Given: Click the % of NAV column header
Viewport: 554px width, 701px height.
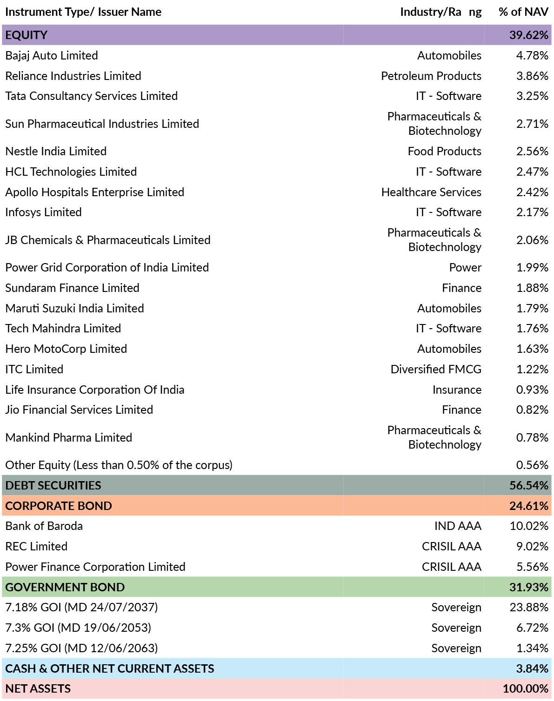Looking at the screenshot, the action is tap(523, 12).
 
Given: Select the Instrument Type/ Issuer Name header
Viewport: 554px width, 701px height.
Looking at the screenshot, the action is tap(83, 12).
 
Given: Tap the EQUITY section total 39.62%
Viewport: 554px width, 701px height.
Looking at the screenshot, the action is tap(528, 35).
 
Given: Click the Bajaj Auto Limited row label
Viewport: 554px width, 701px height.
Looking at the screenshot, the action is tap(52, 55).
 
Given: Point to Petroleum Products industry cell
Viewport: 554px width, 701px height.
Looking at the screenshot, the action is tap(431, 76).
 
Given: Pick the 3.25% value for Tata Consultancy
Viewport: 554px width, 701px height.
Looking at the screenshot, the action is tap(532, 96).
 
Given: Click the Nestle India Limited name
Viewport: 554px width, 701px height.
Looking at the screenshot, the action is tap(56, 151).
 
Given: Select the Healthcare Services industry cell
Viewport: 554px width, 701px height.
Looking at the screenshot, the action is tap(431, 192).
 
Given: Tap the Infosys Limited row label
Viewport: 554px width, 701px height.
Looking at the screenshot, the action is tap(43, 212).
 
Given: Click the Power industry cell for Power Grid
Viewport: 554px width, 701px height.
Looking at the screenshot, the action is tap(465, 267).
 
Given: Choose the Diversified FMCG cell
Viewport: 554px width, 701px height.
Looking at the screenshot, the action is tap(436, 369).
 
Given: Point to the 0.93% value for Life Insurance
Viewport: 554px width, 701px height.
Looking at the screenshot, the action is tap(532, 390).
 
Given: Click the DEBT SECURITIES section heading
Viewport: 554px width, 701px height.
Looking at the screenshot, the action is tap(53, 485).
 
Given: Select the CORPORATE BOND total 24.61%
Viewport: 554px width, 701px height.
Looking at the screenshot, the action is tap(528, 506).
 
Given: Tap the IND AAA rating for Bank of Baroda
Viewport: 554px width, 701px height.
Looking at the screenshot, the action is tap(458, 526).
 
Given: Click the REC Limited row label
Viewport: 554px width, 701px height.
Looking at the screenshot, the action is tap(36, 546).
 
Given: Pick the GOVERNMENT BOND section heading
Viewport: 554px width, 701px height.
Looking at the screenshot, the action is tap(65, 587).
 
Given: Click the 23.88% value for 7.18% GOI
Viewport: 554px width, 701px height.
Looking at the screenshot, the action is tap(529, 607).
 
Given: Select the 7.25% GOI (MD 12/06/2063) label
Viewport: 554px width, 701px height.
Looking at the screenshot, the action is tap(81, 648).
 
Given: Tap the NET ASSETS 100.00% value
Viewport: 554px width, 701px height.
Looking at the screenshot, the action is tap(525, 688).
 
